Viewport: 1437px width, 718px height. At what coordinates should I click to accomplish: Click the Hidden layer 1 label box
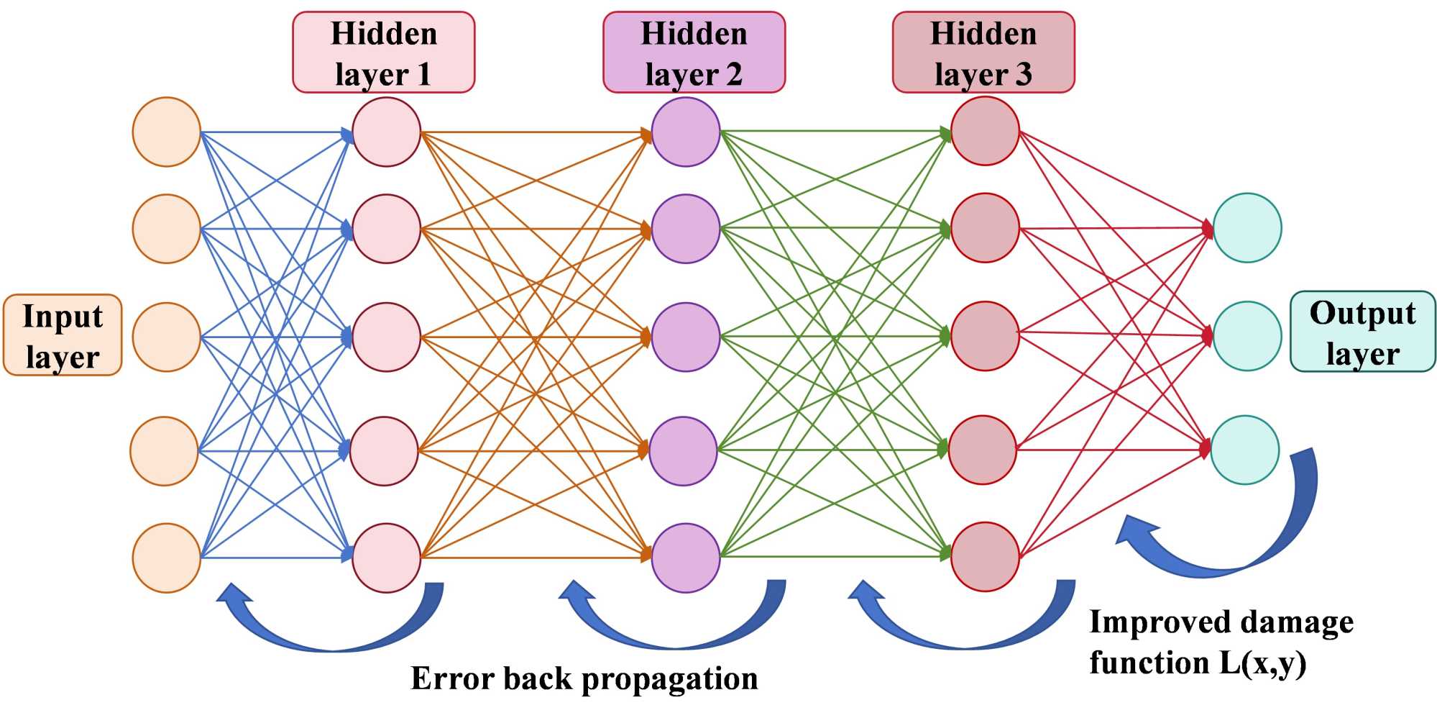(x=383, y=53)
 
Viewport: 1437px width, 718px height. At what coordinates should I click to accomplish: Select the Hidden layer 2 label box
(x=694, y=53)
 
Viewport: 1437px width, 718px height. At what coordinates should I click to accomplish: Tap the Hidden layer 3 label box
(x=983, y=53)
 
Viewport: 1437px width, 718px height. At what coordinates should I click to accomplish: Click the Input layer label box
(x=63, y=335)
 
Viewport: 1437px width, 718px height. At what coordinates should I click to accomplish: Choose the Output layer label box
(x=1362, y=332)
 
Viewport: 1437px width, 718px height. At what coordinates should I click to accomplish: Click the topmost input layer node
(x=166, y=132)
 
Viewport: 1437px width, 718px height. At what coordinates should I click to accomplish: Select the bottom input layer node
(x=166, y=558)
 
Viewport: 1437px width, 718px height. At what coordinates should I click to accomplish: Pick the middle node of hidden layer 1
(x=386, y=337)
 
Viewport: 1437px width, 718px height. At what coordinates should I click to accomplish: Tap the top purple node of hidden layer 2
(x=685, y=132)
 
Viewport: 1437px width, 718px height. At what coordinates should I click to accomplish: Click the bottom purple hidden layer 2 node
(x=685, y=558)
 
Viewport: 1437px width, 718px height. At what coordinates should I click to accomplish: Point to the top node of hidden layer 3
(x=985, y=131)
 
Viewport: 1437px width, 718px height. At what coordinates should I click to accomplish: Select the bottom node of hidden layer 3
(x=985, y=556)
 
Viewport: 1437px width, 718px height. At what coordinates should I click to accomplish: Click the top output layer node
(x=1247, y=227)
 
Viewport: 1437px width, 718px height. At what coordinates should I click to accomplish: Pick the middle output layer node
(x=1247, y=336)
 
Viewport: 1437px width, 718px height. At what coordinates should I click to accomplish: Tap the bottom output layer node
(x=1245, y=450)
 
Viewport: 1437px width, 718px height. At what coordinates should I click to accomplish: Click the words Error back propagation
(x=584, y=678)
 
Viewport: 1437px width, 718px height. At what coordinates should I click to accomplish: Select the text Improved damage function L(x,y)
(x=1220, y=642)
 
